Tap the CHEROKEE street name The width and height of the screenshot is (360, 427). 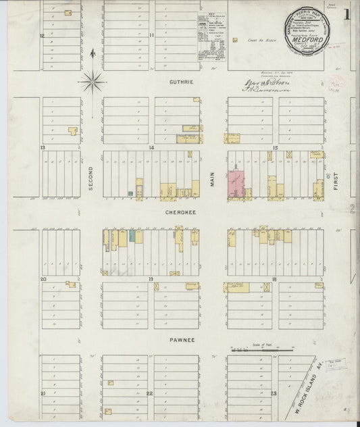click(x=180, y=211)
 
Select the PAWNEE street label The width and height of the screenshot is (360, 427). click(x=182, y=340)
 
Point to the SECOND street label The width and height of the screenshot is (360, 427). click(x=90, y=178)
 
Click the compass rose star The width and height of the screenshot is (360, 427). click(x=93, y=82)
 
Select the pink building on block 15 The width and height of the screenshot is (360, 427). click(x=236, y=184)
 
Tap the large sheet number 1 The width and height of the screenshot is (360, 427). click(x=346, y=14)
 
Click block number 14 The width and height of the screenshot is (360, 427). click(x=152, y=147)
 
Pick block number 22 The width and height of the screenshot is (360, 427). click(x=150, y=393)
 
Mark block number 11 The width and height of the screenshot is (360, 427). click(x=152, y=34)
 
